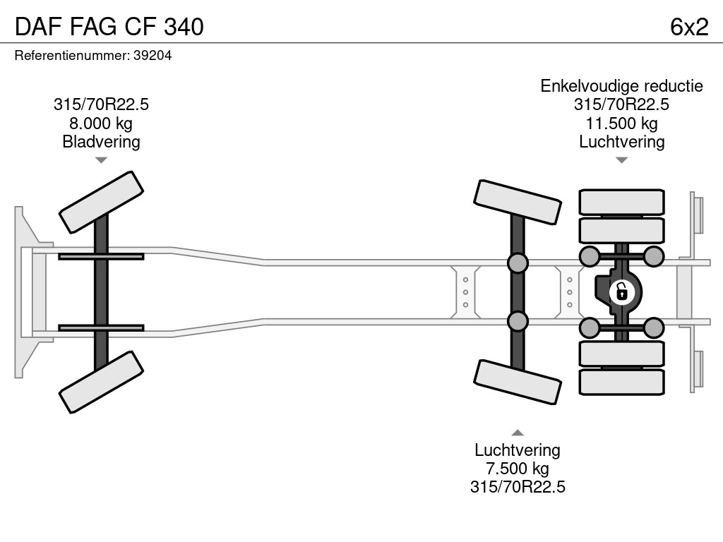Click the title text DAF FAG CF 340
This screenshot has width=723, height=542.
(109, 26)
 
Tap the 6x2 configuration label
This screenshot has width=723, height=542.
(689, 26)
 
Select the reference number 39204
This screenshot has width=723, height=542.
(153, 55)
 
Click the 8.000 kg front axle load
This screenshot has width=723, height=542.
(101, 124)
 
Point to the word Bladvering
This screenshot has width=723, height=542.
(101, 142)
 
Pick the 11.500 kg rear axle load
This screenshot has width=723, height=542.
(621, 124)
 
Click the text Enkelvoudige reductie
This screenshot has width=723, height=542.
(621, 86)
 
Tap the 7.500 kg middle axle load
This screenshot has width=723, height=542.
(517, 469)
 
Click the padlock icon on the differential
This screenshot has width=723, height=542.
(621, 291)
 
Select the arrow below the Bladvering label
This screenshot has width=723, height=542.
(101, 160)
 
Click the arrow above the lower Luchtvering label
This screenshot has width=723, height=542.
(518, 433)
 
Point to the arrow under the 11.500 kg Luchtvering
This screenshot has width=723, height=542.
(621, 160)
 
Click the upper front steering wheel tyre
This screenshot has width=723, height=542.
(101, 202)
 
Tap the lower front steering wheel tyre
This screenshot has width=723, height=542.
(101, 383)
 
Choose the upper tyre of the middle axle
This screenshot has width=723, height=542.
(518, 202)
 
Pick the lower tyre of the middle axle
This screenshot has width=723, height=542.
(518, 382)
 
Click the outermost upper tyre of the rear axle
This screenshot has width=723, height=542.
(621, 201)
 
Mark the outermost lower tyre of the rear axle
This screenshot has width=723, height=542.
(621, 382)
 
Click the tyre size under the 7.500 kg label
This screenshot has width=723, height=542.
(517, 487)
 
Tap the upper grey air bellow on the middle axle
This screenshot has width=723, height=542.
(518, 263)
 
